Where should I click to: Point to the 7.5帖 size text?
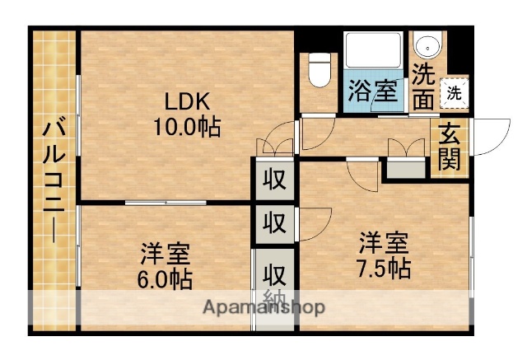click(x=384, y=267)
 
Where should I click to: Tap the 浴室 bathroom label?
click(x=372, y=90)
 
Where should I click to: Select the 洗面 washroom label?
click(x=424, y=86)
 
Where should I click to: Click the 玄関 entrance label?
click(x=450, y=145)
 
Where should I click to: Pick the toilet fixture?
click(x=318, y=69)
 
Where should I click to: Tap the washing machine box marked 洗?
click(x=454, y=92)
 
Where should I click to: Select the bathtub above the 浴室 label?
click(x=372, y=51)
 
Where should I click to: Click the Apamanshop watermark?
click(x=264, y=307)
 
